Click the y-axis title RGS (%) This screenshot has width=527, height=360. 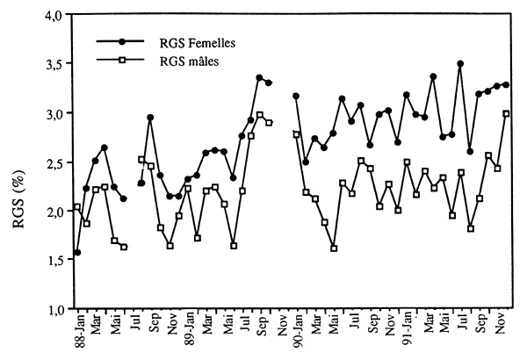click(x=18, y=165)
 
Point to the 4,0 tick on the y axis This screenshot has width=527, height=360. click(x=52, y=16)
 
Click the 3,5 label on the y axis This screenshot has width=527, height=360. click(x=52, y=65)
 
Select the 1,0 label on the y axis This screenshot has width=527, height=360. click(x=52, y=309)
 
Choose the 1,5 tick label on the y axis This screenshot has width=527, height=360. click(x=52, y=261)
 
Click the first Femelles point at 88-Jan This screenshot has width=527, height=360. click(x=77, y=253)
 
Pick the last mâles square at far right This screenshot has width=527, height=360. click(x=507, y=113)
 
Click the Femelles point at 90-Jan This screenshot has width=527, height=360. click(x=296, y=96)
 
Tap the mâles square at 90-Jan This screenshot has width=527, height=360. click(x=296, y=134)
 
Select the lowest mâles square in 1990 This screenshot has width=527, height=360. click(x=334, y=248)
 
